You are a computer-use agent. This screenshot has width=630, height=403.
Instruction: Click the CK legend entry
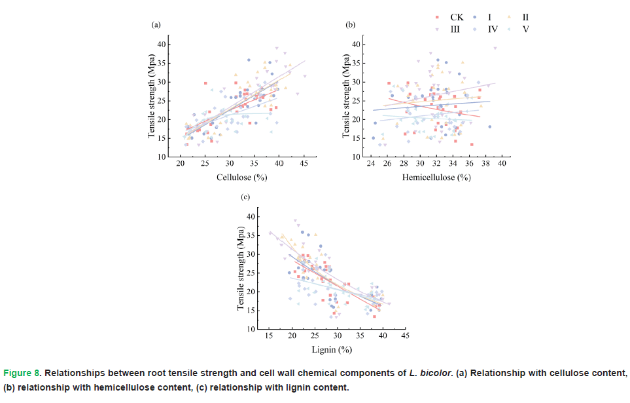point(456,17)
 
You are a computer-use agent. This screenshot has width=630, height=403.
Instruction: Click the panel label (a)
point(156,25)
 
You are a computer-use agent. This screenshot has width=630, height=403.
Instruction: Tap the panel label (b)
point(350,25)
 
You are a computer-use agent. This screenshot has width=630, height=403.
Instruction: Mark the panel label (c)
point(245,197)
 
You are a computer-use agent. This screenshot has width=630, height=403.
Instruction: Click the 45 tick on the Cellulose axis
point(304,163)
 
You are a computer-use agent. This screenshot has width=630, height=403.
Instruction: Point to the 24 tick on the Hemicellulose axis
point(370,163)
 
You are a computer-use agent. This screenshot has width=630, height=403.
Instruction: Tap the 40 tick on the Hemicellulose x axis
point(502,163)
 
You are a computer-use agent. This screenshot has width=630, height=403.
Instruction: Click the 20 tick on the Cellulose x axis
point(180,163)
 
